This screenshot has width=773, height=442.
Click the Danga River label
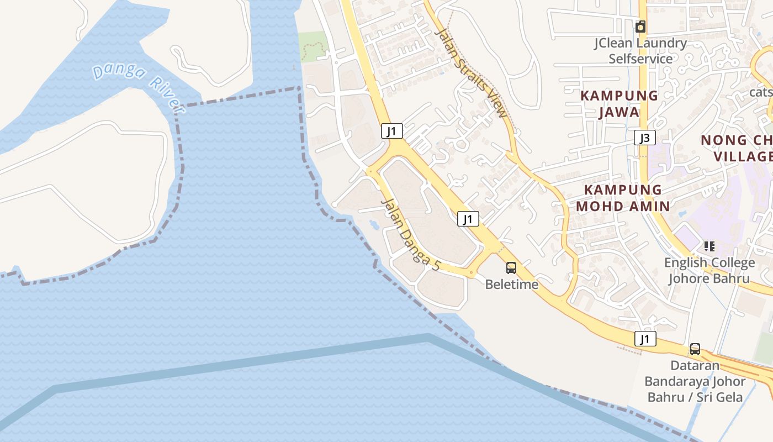[x=139, y=89]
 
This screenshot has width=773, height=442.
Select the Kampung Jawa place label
[x=619, y=104]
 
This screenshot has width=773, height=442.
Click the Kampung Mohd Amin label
[x=623, y=198]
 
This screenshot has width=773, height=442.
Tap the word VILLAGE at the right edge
[x=743, y=156]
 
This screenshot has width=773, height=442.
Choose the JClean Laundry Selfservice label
[x=640, y=51]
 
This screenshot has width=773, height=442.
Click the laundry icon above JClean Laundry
[x=640, y=26]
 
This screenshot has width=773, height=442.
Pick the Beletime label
[x=511, y=284]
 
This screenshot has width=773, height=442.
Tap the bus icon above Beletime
[x=511, y=268]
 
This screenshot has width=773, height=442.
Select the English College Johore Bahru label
[x=709, y=270]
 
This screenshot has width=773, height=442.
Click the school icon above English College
[x=709, y=246]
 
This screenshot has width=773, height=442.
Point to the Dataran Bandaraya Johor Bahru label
[x=695, y=381]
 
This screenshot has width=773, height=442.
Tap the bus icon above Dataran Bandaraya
[x=695, y=349]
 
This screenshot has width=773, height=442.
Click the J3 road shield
[x=644, y=138]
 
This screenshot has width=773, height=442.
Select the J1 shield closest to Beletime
[x=468, y=219]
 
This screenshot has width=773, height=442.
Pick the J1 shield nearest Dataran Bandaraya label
[x=645, y=339]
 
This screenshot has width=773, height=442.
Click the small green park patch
[x=313, y=45]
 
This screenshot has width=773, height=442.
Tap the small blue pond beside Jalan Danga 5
[x=373, y=224]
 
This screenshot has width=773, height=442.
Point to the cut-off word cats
[x=761, y=91]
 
